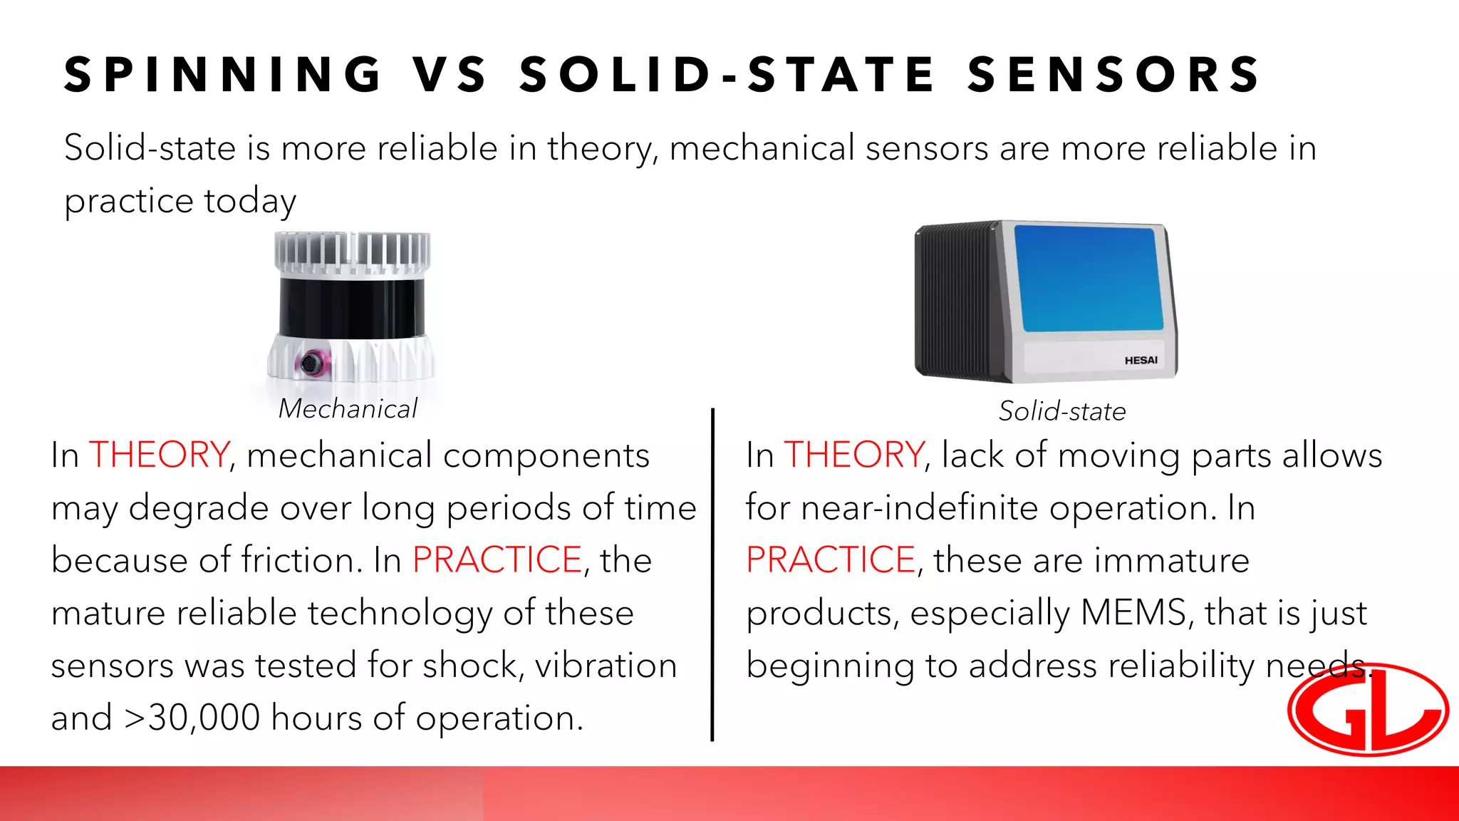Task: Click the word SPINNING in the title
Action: (x=223, y=75)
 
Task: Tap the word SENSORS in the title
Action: (x=1113, y=75)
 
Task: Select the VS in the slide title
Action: (x=450, y=75)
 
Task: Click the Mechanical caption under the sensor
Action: (x=348, y=409)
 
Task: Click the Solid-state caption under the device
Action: (x=1061, y=411)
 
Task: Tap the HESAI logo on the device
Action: (x=1141, y=361)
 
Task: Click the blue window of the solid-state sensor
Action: (x=1088, y=279)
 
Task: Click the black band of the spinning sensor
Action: (x=351, y=307)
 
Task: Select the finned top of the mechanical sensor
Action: (x=352, y=252)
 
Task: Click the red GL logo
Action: (x=1368, y=709)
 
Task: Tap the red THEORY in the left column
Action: (x=159, y=455)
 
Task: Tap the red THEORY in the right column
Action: (x=853, y=455)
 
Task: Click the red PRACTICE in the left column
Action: (x=497, y=559)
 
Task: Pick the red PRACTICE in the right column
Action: (x=831, y=559)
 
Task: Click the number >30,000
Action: (x=192, y=718)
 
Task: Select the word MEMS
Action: (x=1133, y=612)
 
